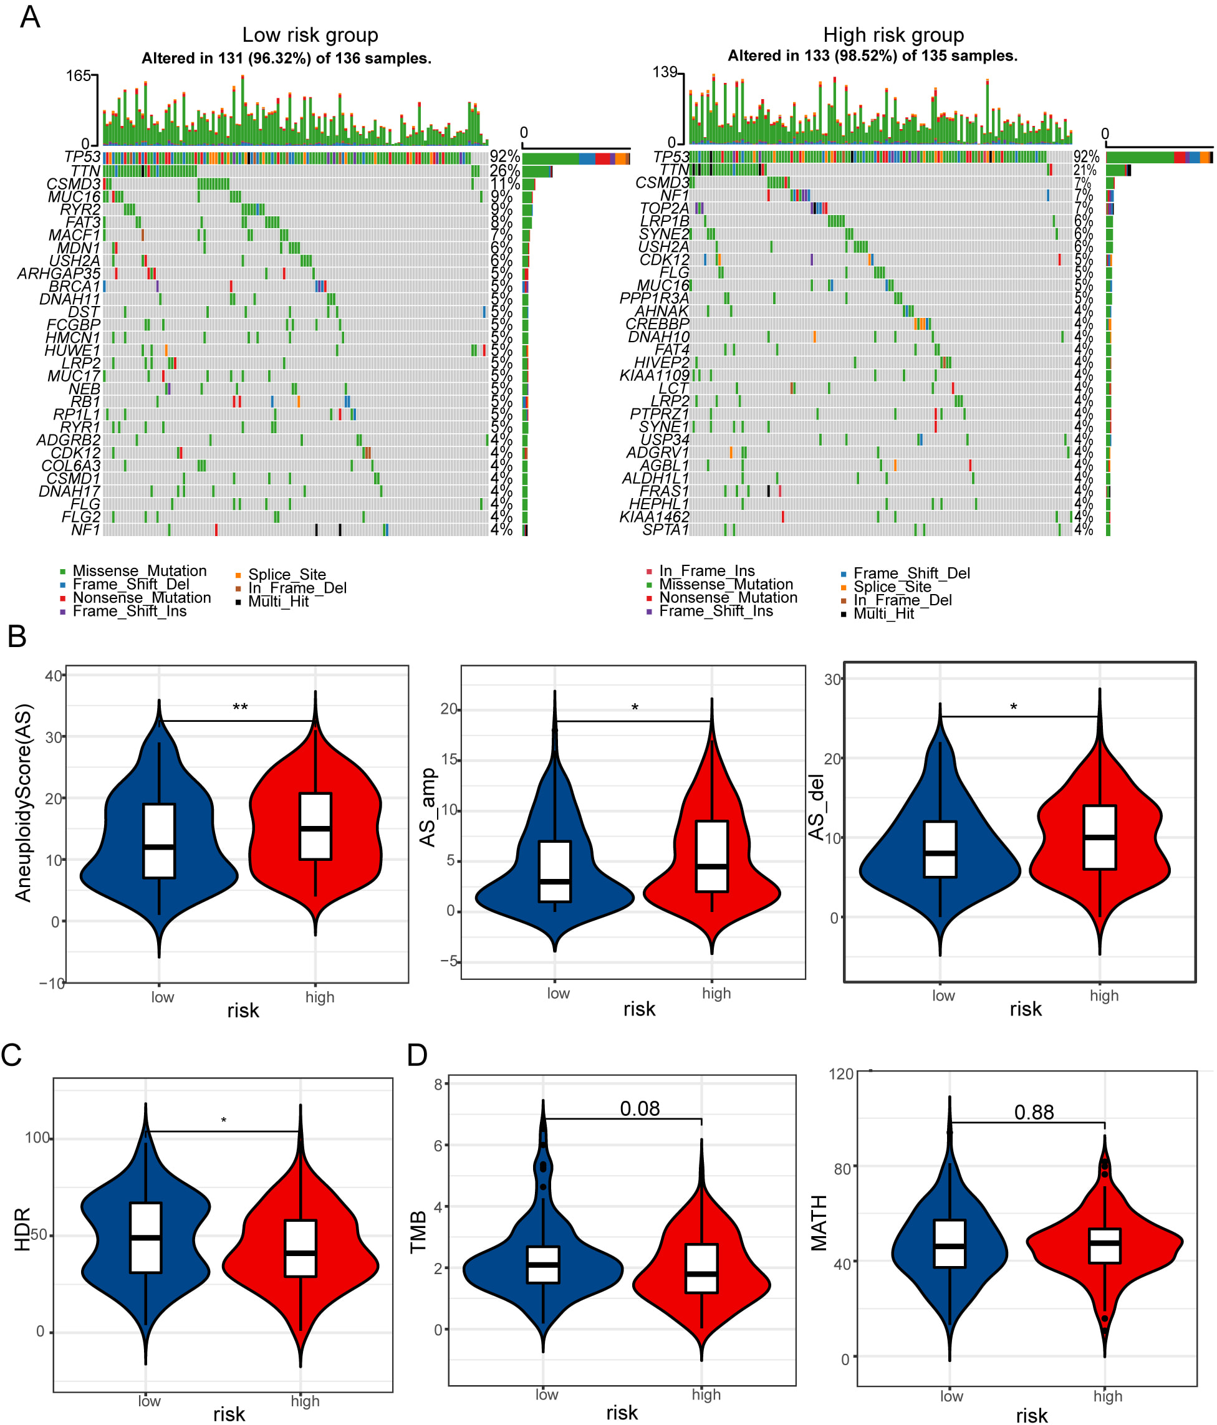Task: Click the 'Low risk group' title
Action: (x=310, y=35)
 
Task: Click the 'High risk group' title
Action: (x=893, y=35)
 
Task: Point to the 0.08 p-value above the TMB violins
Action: (x=639, y=1108)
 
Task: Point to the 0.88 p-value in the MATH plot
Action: (x=1033, y=1112)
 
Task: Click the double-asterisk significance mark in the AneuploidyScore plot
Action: (x=239, y=708)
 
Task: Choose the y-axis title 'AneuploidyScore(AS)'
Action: (x=24, y=802)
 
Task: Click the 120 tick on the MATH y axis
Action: (x=840, y=1074)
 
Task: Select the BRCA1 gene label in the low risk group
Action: (x=74, y=286)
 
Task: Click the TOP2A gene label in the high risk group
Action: (x=664, y=208)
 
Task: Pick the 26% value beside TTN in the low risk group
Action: (x=504, y=171)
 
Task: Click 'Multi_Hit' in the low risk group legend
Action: (x=278, y=602)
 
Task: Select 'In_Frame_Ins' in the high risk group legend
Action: (x=706, y=571)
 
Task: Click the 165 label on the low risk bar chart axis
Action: (x=79, y=75)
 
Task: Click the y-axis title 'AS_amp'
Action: (x=428, y=807)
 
